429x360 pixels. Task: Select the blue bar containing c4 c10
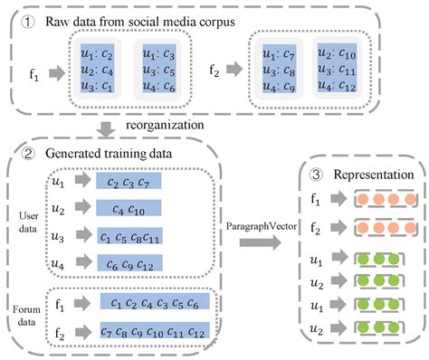pyautogui.click(x=129, y=209)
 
